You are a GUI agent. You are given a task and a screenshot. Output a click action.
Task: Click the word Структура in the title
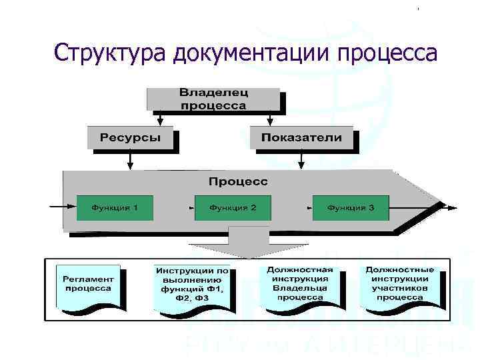110,53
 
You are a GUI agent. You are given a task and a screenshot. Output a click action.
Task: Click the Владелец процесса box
213,98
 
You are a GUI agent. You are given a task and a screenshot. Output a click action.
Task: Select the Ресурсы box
131,138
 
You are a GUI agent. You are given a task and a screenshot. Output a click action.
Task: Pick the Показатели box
301,138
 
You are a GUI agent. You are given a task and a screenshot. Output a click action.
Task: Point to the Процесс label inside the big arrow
238,181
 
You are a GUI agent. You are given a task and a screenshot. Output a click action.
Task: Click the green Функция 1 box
115,207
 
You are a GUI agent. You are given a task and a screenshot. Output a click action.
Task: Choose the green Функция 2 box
233,207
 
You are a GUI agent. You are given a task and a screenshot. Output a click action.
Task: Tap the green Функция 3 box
350,207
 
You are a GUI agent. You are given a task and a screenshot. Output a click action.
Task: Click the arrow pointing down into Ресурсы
160,118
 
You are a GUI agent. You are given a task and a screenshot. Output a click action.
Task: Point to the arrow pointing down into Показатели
269,118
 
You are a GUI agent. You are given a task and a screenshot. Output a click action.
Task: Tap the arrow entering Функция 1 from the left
64,207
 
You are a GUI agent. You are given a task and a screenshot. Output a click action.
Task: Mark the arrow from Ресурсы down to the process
131,159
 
